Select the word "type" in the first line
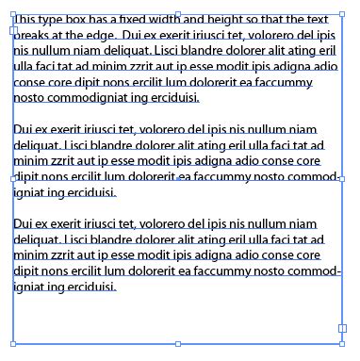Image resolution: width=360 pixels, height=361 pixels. pyautogui.click(x=54, y=20)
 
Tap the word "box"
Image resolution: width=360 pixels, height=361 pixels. pyautogui.click(x=81, y=19)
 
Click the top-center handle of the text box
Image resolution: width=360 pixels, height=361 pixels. pyautogui.click(x=178, y=12)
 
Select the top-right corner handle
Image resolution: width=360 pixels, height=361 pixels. pyautogui.click(x=343, y=12)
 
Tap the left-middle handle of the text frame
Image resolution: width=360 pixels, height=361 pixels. pyautogui.click(x=13, y=178)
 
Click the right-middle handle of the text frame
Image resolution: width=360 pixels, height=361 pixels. pyautogui.click(x=343, y=178)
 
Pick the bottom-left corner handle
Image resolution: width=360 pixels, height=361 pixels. pyautogui.click(x=13, y=344)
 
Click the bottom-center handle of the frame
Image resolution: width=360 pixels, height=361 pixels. pyautogui.click(x=178, y=344)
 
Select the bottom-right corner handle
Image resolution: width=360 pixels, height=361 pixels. pyautogui.click(x=343, y=344)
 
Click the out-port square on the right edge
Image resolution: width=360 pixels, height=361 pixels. pyautogui.click(x=343, y=329)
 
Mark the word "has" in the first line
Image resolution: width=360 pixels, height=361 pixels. pyautogui.click(x=105, y=19)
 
